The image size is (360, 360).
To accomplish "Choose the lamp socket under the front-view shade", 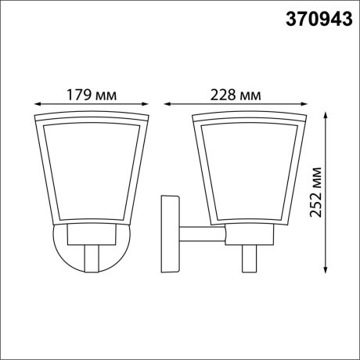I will click(92, 232).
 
